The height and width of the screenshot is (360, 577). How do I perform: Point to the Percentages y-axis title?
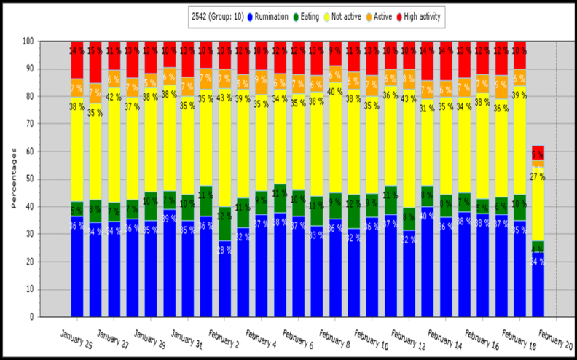click(14, 179)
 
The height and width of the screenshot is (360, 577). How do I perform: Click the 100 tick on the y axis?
click(27, 42)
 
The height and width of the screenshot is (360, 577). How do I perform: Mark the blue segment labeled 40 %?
click(426, 262)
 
